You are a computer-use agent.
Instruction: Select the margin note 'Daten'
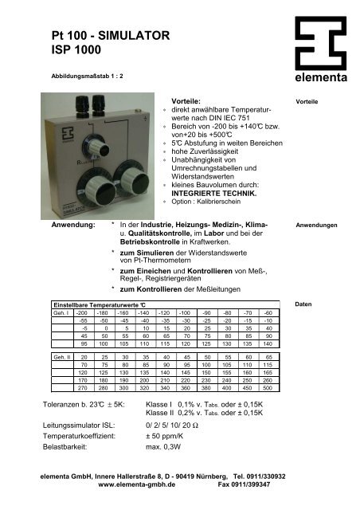(303, 304)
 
